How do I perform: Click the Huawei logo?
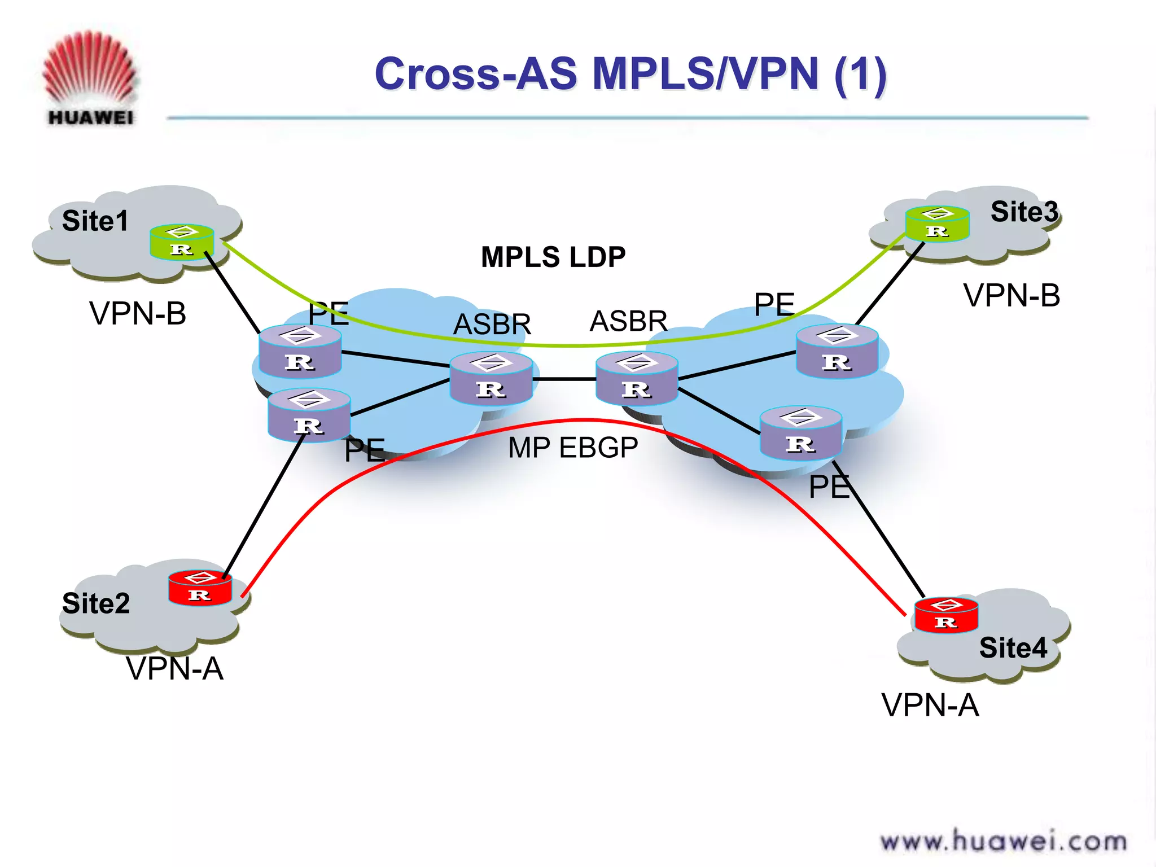click(90, 79)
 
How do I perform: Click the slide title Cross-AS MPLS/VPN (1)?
click(630, 74)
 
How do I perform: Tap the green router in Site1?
click(182, 242)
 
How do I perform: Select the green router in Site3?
click(937, 224)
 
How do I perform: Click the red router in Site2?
click(200, 588)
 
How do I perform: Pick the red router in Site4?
click(946, 615)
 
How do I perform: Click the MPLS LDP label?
click(553, 257)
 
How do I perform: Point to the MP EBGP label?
click(572, 448)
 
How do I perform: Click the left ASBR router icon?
click(491, 378)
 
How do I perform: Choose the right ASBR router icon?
click(637, 378)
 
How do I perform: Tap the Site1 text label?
click(95, 221)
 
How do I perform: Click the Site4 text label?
click(1013, 647)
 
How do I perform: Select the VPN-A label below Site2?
click(174, 669)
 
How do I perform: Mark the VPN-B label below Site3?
click(1011, 296)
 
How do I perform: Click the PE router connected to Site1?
click(300, 351)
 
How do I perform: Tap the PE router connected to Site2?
click(309, 415)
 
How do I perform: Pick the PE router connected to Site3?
click(837, 351)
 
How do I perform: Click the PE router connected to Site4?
click(801, 433)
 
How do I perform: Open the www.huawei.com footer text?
click(1003, 841)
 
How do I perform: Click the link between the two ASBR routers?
click(564, 379)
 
